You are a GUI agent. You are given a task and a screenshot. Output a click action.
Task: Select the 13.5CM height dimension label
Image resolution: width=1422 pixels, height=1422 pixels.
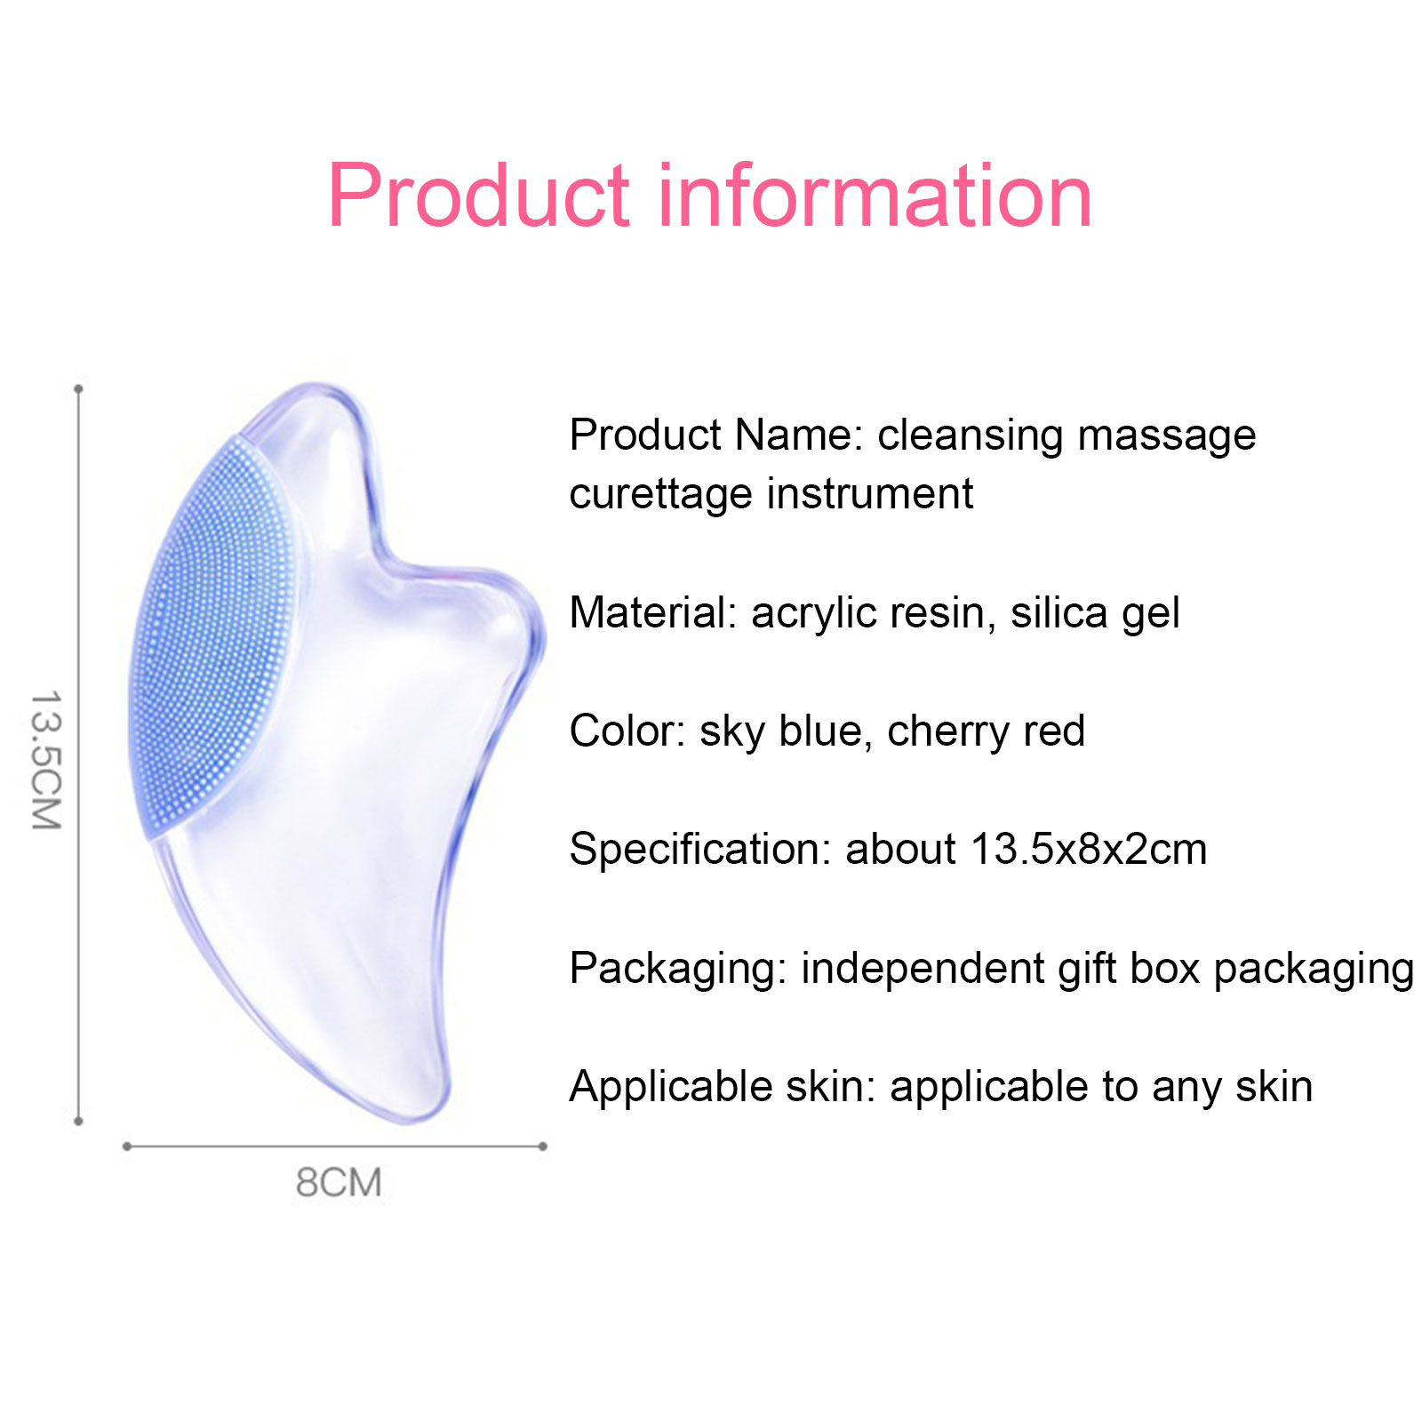click(x=45, y=760)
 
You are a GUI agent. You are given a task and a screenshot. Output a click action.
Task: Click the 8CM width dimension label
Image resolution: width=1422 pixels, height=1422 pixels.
click(x=339, y=1183)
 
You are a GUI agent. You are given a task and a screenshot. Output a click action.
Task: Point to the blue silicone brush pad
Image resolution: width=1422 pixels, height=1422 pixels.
click(x=213, y=636)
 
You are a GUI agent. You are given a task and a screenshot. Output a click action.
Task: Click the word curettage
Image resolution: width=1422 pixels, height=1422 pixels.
click(x=661, y=494)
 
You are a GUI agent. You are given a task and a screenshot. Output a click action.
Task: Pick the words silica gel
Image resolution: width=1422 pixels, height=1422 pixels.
click(x=1095, y=614)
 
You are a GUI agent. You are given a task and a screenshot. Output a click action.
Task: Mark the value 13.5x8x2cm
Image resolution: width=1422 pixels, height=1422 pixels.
click(x=1089, y=850)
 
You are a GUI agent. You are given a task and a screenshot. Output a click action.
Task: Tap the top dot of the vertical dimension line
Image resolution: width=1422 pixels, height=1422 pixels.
click(x=78, y=389)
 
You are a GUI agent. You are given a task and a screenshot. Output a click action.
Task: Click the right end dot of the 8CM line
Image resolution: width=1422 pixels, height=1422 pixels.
click(x=543, y=1146)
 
